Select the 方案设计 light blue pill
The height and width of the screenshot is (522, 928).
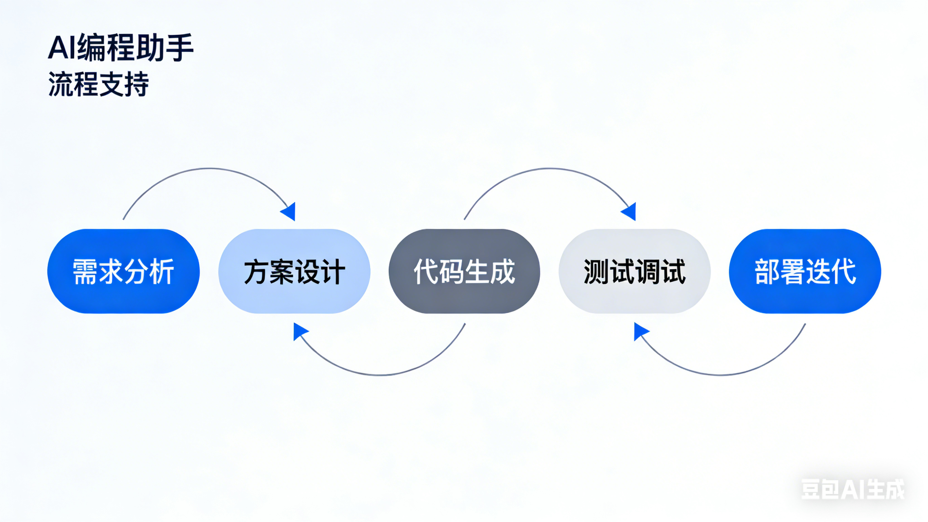294,271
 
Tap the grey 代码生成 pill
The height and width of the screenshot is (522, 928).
464,271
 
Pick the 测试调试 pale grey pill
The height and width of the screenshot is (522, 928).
634,271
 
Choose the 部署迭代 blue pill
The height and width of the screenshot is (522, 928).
805,271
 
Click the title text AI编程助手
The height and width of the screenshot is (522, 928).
121,47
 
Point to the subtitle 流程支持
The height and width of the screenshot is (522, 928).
98,84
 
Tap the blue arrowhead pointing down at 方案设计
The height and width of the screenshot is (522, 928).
289,212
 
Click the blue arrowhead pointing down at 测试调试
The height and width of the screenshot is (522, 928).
630,212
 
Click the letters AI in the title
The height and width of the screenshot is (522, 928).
62,47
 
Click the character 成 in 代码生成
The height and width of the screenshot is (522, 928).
502,272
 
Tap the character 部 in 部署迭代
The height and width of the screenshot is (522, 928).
767,272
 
